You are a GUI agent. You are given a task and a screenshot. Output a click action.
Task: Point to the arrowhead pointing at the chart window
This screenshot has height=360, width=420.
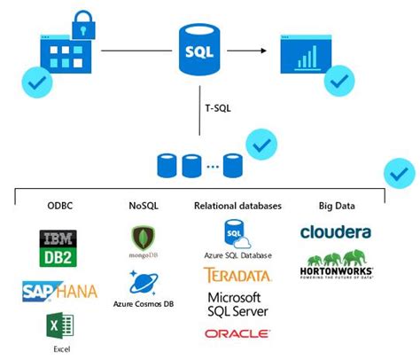(x=265, y=51)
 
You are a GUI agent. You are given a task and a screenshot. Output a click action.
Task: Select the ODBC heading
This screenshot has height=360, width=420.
(x=60, y=206)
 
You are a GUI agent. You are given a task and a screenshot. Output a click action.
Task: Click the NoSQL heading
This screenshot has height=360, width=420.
(x=144, y=206)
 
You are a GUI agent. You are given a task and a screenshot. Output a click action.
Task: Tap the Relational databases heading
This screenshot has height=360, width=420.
(x=237, y=206)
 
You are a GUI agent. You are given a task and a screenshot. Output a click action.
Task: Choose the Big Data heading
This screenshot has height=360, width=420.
(x=337, y=206)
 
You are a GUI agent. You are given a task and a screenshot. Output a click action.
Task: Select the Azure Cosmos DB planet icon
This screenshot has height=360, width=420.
(x=144, y=282)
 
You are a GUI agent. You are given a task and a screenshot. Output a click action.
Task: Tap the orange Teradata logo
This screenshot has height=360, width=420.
(x=237, y=275)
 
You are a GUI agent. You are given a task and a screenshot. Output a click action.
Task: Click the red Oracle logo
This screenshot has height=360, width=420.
(x=237, y=334)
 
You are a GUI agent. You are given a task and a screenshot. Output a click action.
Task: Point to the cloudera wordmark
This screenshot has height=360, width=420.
(x=336, y=232)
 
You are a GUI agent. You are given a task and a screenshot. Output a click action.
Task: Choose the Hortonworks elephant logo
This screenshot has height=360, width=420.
(x=336, y=263)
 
